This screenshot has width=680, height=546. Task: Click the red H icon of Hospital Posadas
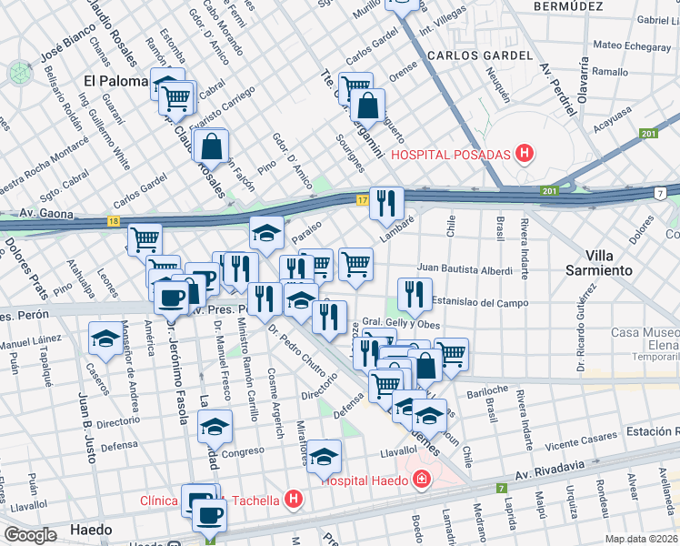click(x=523, y=154)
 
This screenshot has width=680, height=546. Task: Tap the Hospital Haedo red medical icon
click(x=421, y=480)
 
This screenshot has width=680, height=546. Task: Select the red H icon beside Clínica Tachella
click(x=293, y=499)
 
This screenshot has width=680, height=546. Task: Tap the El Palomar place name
click(x=115, y=81)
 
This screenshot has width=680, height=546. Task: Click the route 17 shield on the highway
click(x=362, y=199)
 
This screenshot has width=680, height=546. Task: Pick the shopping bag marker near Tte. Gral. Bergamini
click(x=366, y=106)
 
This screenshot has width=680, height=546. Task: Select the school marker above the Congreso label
click(x=215, y=425)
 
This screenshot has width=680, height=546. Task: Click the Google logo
click(x=30, y=535)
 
